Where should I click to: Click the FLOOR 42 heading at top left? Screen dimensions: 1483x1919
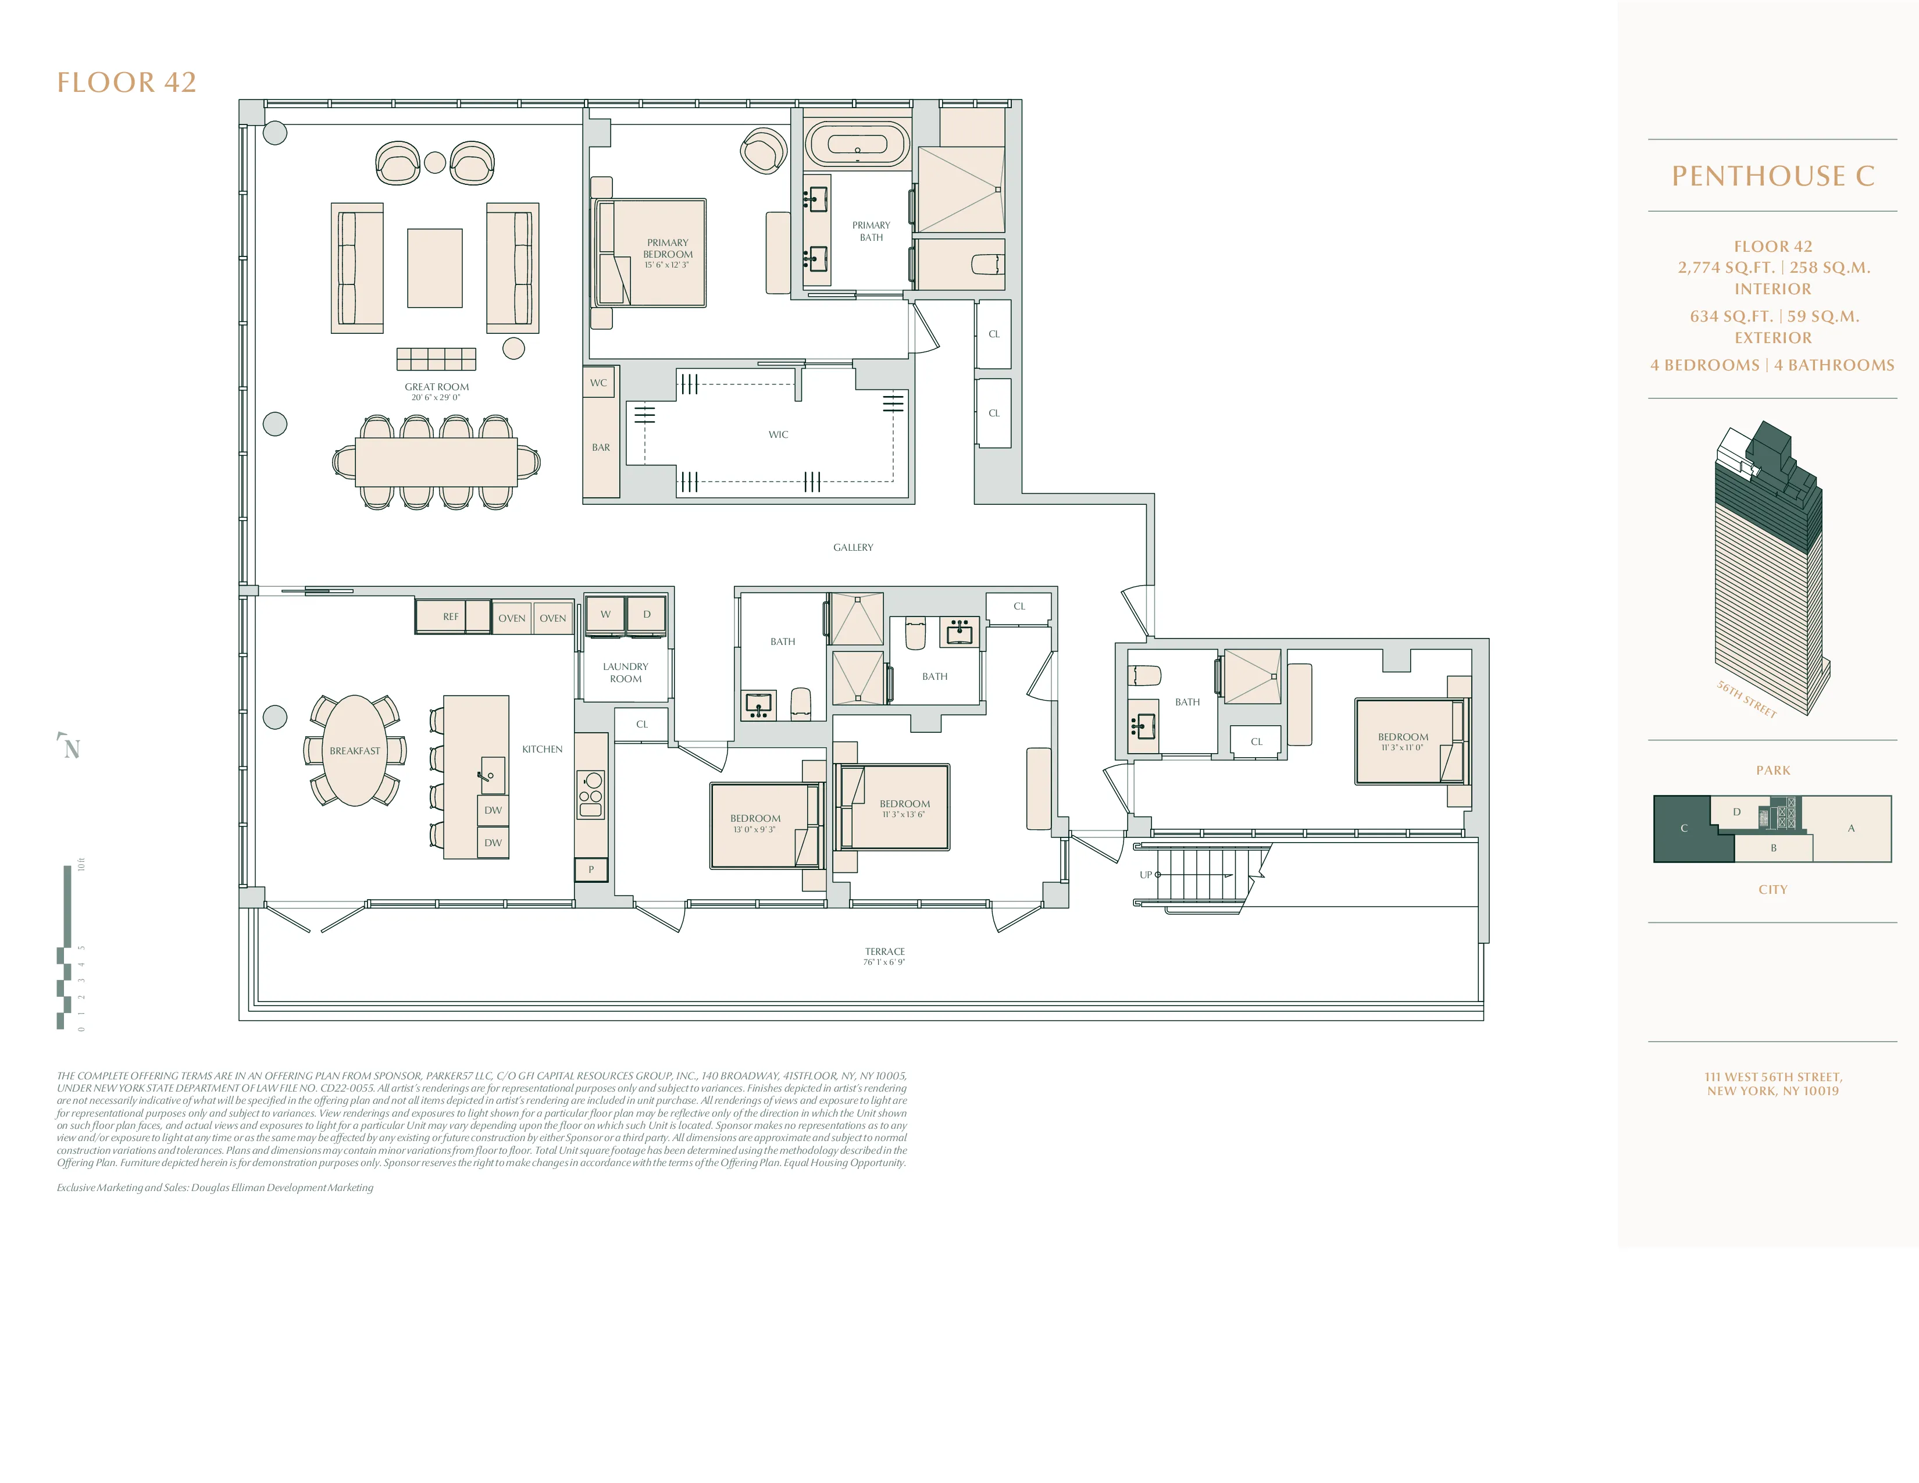127,83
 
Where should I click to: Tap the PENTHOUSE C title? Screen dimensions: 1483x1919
1772,176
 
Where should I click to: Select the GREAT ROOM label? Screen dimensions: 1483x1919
437,387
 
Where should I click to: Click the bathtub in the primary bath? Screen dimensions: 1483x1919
857,145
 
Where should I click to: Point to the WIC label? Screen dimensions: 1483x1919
777,434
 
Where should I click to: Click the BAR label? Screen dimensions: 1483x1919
600,447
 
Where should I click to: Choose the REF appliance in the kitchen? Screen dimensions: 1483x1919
451,616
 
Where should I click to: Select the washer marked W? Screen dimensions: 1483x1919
605,614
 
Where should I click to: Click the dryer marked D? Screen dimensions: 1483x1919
647,614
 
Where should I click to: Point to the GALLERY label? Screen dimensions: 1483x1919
853,547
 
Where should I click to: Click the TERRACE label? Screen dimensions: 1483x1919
884,951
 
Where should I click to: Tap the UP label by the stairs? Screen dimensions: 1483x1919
1145,874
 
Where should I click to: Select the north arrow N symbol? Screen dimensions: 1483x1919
70,748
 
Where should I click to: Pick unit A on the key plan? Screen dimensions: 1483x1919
1850,828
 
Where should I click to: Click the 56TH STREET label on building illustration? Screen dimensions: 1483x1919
1747,699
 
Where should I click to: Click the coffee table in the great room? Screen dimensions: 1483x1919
434,268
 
